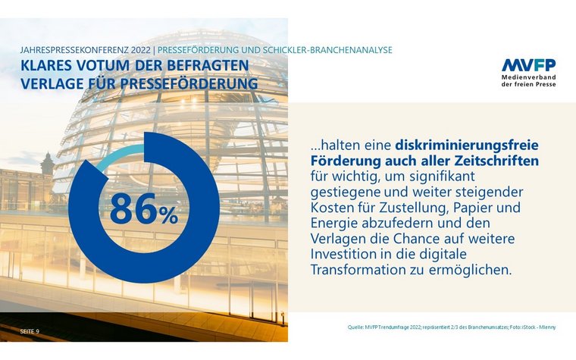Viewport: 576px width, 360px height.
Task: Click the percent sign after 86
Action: coord(168,216)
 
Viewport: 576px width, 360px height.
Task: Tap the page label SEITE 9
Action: coord(30,331)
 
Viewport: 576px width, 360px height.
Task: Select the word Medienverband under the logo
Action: coord(528,78)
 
